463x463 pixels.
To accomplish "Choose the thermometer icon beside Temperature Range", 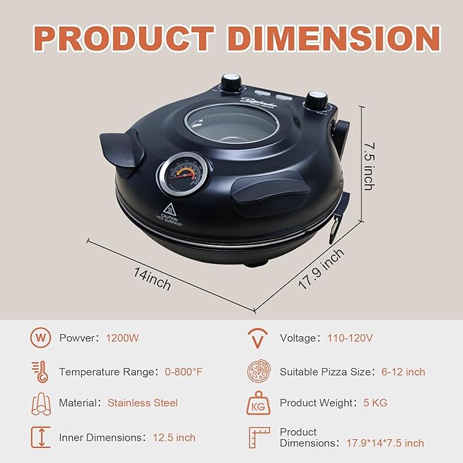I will pyautogui.click(x=40, y=372).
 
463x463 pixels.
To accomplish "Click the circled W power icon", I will pyautogui.click(x=40, y=338).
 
